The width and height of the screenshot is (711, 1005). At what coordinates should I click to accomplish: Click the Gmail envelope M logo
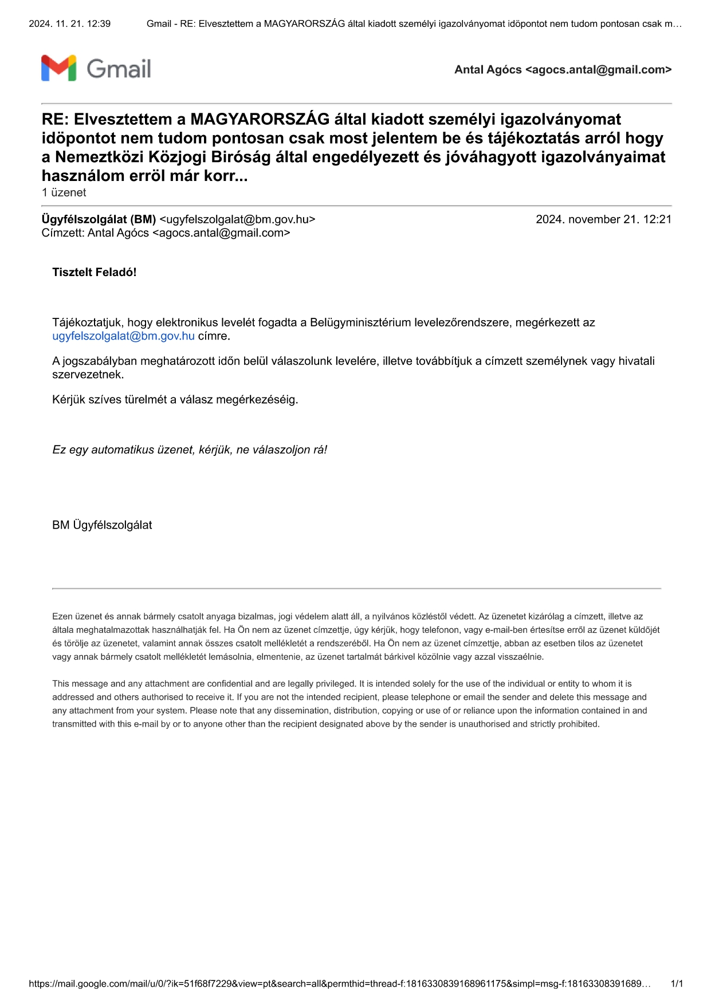click(x=58, y=68)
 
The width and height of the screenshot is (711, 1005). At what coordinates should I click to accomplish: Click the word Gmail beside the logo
click(x=119, y=69)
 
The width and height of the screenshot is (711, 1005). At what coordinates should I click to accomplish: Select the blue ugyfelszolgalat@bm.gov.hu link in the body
click(x=123, y=336)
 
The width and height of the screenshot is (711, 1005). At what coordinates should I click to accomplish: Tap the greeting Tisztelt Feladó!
click(x=94, y=272)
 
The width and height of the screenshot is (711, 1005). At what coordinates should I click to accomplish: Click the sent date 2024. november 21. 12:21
click(x=603, y=219)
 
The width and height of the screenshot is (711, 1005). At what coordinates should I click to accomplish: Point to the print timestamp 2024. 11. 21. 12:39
click(x=69, y=24)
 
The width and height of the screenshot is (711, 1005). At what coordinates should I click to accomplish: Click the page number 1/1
click(x=677, y=984)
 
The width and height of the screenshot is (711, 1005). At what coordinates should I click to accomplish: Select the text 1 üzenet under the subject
click(x=64, y=192)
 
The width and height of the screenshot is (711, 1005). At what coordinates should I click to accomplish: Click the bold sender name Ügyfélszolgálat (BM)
click(x=99, y=219)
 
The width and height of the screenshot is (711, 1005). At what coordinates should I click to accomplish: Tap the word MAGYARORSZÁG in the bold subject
click(x=260, y=119)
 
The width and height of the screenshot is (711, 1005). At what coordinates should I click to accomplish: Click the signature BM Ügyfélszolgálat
click(x=102, y=525)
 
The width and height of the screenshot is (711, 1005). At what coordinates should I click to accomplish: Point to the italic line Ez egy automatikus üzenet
click(x=190, y=450)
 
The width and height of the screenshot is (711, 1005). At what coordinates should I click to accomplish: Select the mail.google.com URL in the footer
click(x=339, y=984)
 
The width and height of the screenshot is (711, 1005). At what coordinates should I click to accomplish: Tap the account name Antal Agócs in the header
click(x=488, y=70)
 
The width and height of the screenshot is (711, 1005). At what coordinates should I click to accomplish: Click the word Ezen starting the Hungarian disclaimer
click(x=62, y=617)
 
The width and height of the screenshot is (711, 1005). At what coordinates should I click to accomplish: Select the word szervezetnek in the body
click(x=88, y=375)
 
